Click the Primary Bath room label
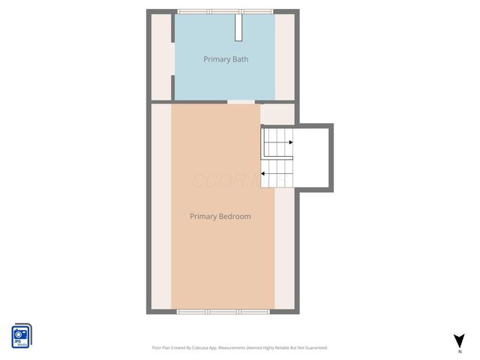pyautogui.click(x=226, y=59)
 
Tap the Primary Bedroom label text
pyautogui.click(x=220, y=217)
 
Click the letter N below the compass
pyautogui.click(x=459, y=351)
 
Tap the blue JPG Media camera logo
pyautogui.click(x=22, y=335)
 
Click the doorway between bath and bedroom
pyautogui.click(x=240, y=101)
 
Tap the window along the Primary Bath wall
pyautogui.click(x=225, y=11)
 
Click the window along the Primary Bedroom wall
pyautogui.click(x=222, y=310)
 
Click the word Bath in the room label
pyautogui.click(x=240, y=59)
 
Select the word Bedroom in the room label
pyautogui.click(x=235, y=217)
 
